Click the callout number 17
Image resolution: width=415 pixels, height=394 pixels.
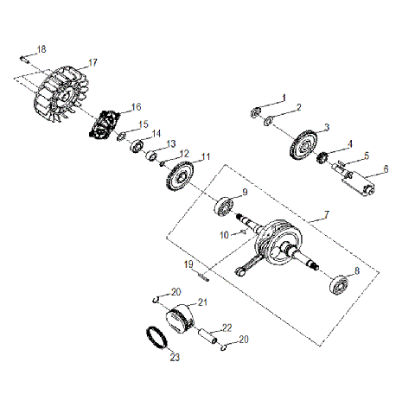93,63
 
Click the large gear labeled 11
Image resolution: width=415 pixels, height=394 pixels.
179,176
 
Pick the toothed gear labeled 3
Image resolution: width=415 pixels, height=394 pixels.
303,143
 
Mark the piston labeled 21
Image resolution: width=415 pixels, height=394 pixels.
181,321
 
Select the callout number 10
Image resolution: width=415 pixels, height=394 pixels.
224,234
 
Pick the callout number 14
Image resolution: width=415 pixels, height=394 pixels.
156,133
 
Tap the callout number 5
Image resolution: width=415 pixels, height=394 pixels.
366,156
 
